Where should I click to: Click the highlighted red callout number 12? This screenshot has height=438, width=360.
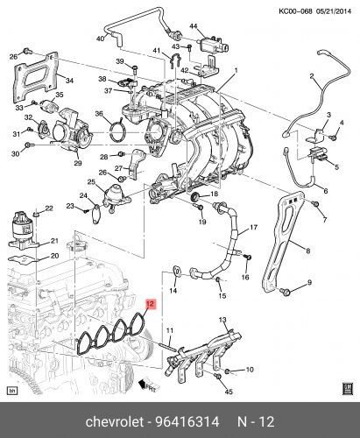pos(151,305)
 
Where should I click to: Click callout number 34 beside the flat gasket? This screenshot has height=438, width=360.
pos(70,80)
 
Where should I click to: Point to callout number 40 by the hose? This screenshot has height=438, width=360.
pos(100,39)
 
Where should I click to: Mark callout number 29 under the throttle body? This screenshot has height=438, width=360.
pos(77,164)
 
